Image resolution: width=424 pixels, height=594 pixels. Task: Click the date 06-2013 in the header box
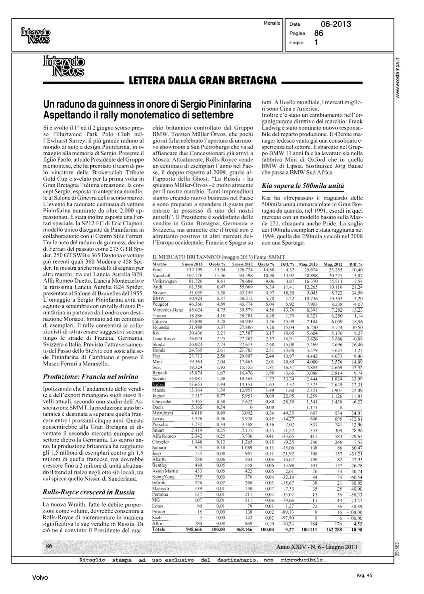[x=336, y=24]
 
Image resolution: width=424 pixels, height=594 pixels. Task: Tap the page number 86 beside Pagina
[x=318, y=33]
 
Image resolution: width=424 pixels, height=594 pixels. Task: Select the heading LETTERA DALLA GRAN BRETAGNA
[x=203, y=81]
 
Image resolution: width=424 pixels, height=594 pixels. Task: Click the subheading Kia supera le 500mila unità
[x=303, y=185]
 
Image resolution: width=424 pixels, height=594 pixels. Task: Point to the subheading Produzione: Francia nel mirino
[x=90, y=376]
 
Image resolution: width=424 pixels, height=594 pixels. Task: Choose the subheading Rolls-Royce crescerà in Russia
[x=88, y=492]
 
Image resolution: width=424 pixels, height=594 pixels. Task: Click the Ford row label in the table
[x=157, y=269]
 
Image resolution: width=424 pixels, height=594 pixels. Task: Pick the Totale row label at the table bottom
[x=159, y=529]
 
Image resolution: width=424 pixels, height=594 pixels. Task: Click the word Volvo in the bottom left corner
[x=40, y=578]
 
